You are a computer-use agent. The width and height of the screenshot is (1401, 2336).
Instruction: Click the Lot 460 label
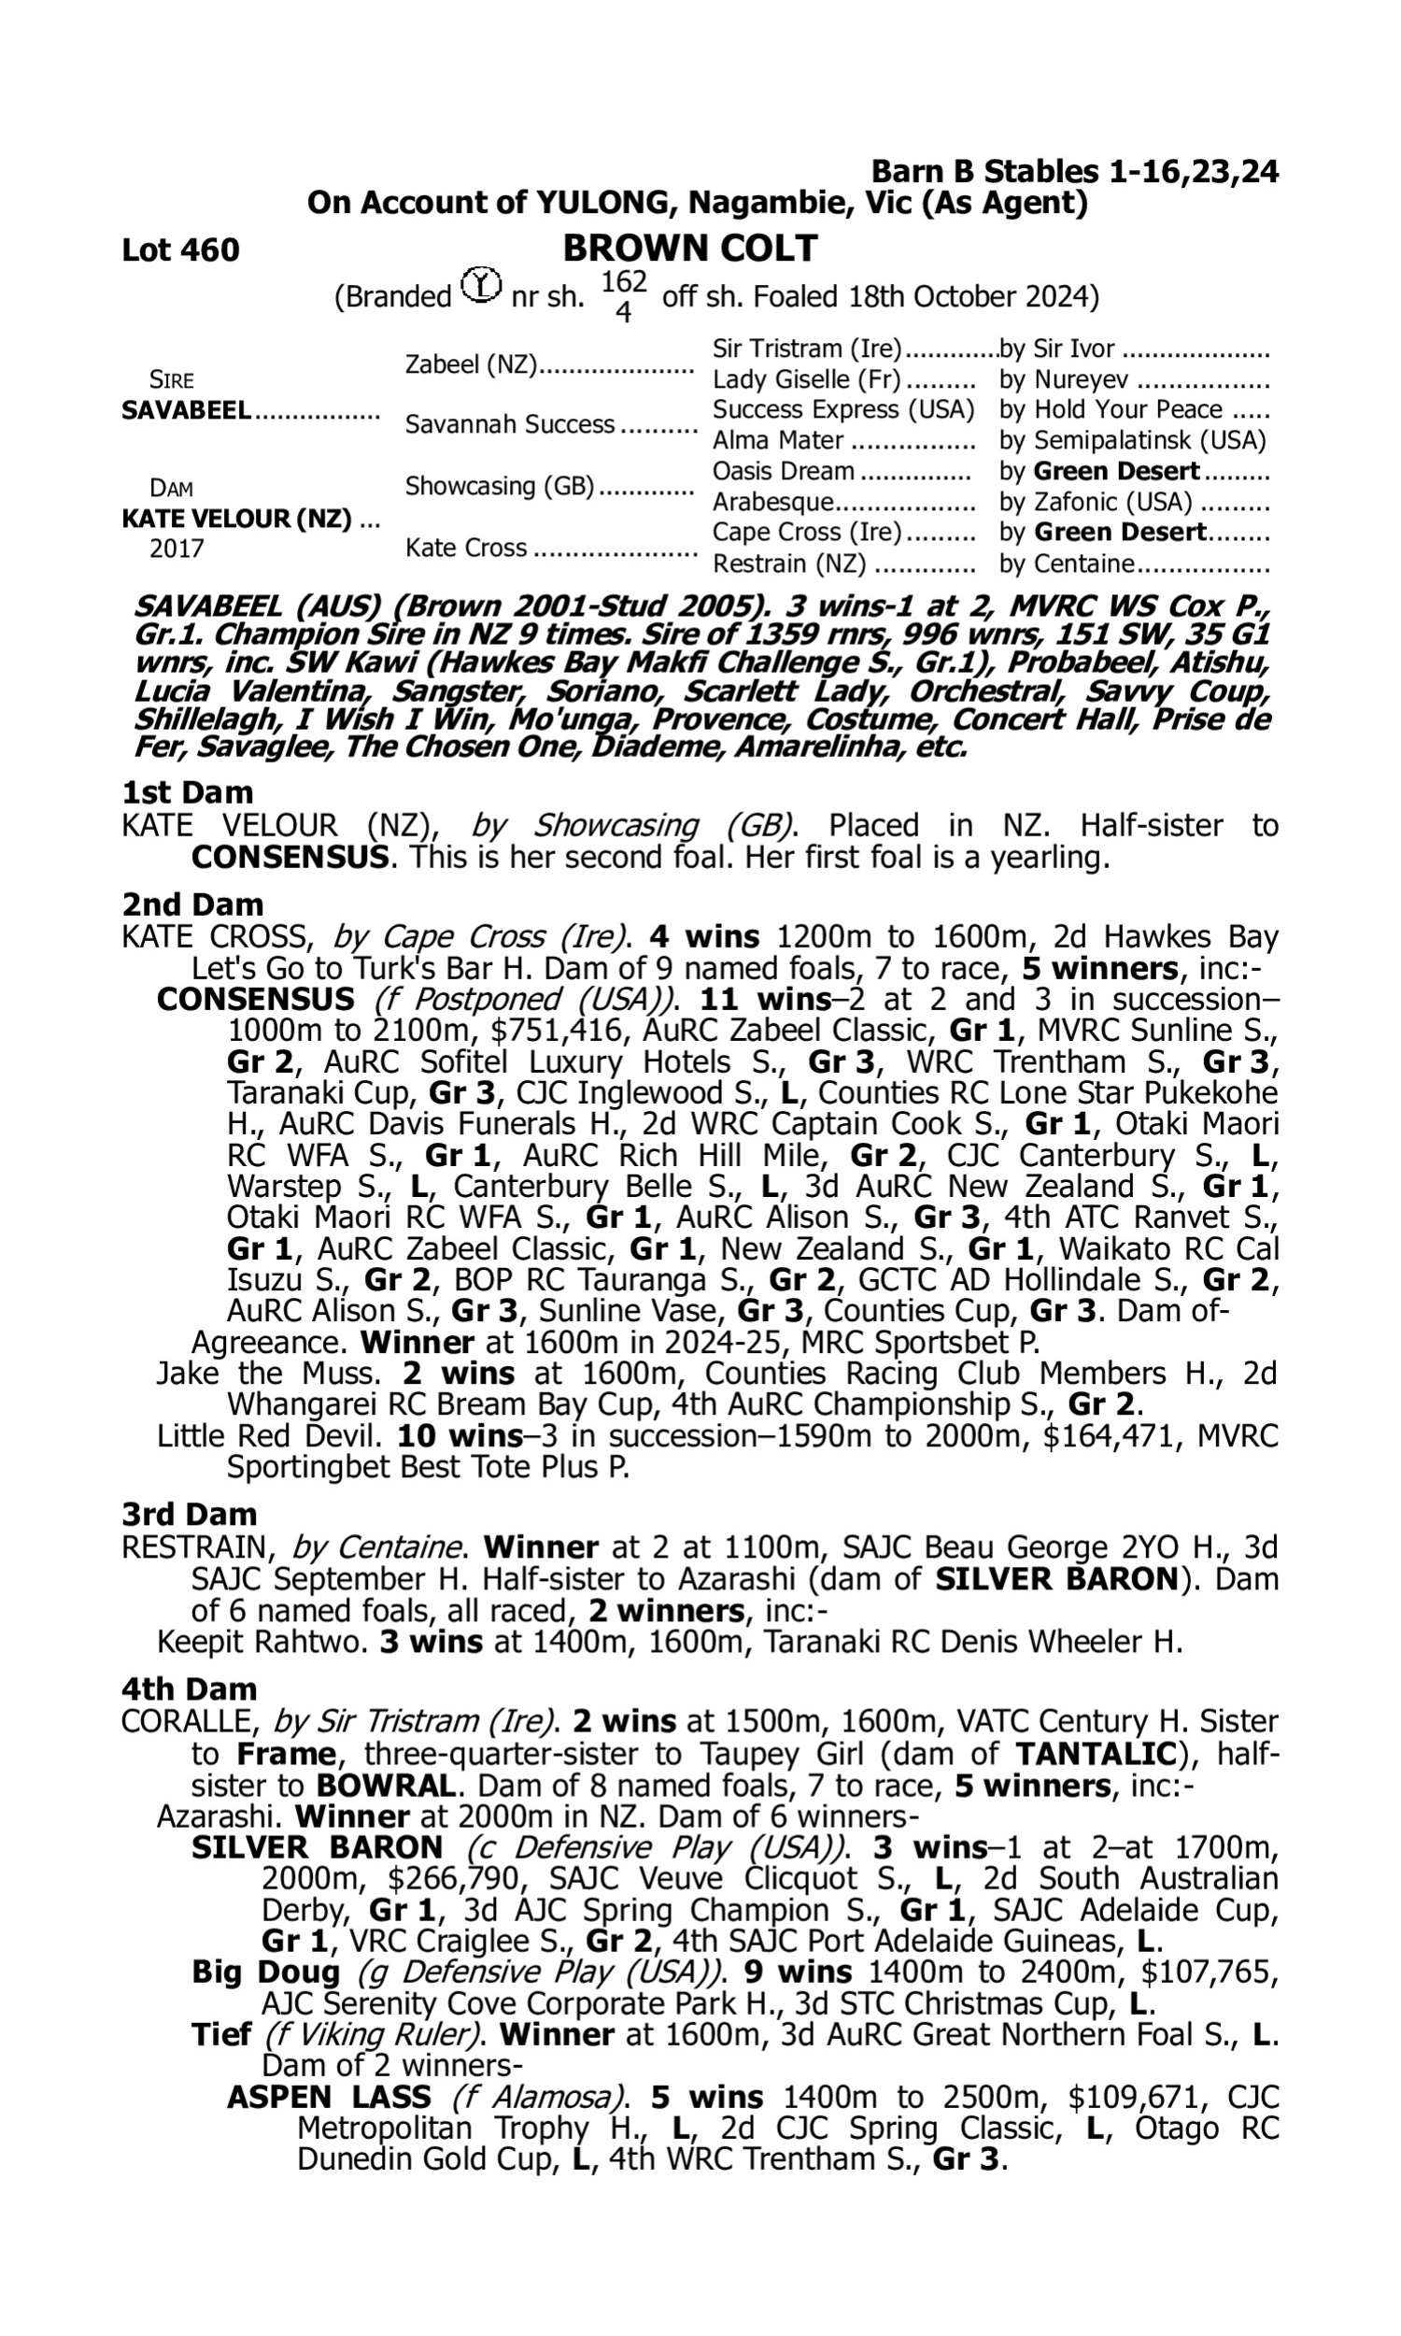tap(180, 250)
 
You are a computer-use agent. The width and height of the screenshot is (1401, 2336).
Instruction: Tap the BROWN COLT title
tap(689, 249)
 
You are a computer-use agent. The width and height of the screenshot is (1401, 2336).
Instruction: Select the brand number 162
tap(623, 282)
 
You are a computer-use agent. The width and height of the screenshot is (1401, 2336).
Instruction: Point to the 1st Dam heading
tap(188, 792)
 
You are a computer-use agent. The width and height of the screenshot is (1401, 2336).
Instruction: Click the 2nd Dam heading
tap(192, 904)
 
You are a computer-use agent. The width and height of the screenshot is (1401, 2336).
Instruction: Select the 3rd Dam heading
tap(190, 1514)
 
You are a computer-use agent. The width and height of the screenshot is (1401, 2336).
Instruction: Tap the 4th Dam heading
tap(190, 1688)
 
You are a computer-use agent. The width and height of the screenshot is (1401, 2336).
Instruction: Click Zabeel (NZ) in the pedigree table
tap(470, 364)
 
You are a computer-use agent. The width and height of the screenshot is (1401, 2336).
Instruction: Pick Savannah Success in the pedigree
tap(510, 425)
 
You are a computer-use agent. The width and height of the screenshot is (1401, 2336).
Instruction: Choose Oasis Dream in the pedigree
tap(783, 471)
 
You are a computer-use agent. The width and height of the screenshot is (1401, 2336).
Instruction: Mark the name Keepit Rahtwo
tap(262, 1642)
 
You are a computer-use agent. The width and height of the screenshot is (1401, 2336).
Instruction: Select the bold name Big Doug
tap(265, 1972)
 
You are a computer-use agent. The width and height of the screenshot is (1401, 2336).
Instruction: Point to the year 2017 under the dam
tap(177, 548)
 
